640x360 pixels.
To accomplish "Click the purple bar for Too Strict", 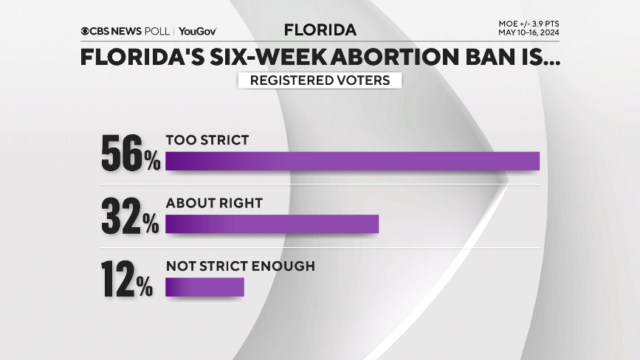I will [x=352, y=161].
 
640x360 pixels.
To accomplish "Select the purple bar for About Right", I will [x=272, y=224].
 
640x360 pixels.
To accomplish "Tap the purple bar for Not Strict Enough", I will [x=204, y=287].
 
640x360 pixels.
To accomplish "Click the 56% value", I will [x=130, y=153].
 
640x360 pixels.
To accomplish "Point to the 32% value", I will [x=130, y=217].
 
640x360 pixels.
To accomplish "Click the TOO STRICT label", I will [x=207, y=139].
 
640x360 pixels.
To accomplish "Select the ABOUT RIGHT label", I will [x=214, y=202].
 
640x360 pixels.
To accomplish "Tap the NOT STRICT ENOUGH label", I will [x=240, y=266].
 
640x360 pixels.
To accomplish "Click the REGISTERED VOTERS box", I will [x=320, y=80].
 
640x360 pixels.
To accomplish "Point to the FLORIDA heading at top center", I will [x=320, y=30].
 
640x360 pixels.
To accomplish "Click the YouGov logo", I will [x=197, y=31].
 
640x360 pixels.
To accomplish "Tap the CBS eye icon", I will [x=86, y=31].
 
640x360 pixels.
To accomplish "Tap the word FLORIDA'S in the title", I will [x=138, y=58].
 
